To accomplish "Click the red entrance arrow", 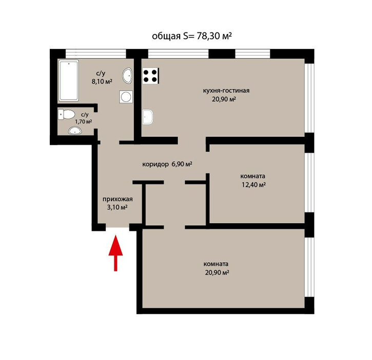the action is (x=115, y=253).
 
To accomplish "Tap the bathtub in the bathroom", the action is (x=69, y=80).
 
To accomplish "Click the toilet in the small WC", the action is (x=66, y=114).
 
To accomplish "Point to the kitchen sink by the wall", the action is (x=148, y=117).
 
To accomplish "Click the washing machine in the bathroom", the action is (x=126, y=97).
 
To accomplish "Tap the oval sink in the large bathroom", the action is (x=128, y=76).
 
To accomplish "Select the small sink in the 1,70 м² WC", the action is (x=75, y=131).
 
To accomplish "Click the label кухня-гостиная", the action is (x=226, y=91).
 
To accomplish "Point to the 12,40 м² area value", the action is (x=253, y=185).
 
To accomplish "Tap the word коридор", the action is (x=155, y=164).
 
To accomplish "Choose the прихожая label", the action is (x=118, y=199).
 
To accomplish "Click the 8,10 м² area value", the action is (x=102, y=82).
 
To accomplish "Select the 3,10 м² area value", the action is (x=118, y=207).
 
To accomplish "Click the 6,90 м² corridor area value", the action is (x=182, y=164).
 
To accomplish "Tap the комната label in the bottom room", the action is (x=216, y=264).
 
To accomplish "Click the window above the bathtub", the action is (x=95, y=53).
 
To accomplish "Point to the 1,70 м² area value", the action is (x=84, y=122).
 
